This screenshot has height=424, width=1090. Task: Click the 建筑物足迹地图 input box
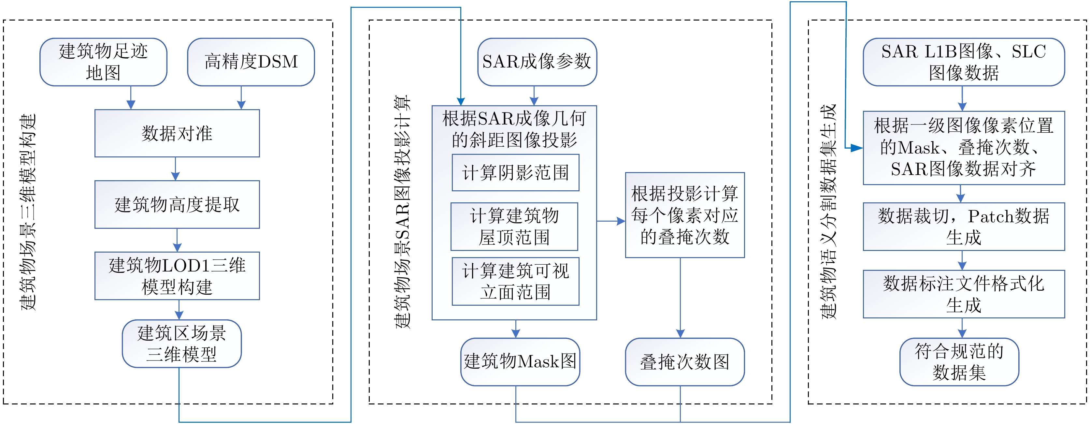tap(103, 62)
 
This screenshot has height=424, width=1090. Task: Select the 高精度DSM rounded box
tap(251, 62)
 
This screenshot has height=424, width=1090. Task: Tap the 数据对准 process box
tap(177, 133)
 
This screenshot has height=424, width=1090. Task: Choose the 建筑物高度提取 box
tap(177, 204)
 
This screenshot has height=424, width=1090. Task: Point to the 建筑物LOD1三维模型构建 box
tap(177, 276)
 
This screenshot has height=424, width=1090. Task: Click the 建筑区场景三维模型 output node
tap(181, 344)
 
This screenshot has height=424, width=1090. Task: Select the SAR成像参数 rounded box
tap(537, 62)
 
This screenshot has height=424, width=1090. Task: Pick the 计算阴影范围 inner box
tap(515, 173)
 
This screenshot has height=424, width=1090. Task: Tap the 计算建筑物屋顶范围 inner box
tap(514, 227)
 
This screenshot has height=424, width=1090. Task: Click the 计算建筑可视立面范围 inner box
tap(515, 281)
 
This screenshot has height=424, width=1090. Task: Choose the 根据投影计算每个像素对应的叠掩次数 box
tap(685, 215)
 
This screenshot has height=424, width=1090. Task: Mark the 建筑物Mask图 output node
tap(520, 362)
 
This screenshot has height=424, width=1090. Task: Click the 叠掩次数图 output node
tap(685, 362)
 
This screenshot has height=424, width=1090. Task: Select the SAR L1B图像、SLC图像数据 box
tap(964, 62)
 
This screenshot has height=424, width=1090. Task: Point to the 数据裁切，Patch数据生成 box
tap(964, 227)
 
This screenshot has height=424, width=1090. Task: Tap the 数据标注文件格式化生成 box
tap(964, 294)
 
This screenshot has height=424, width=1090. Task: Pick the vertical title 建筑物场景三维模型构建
tap(29, 212)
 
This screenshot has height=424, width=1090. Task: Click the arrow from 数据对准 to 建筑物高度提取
tap(176, 169)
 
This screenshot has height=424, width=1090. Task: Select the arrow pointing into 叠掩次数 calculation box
tap(611, 221)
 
